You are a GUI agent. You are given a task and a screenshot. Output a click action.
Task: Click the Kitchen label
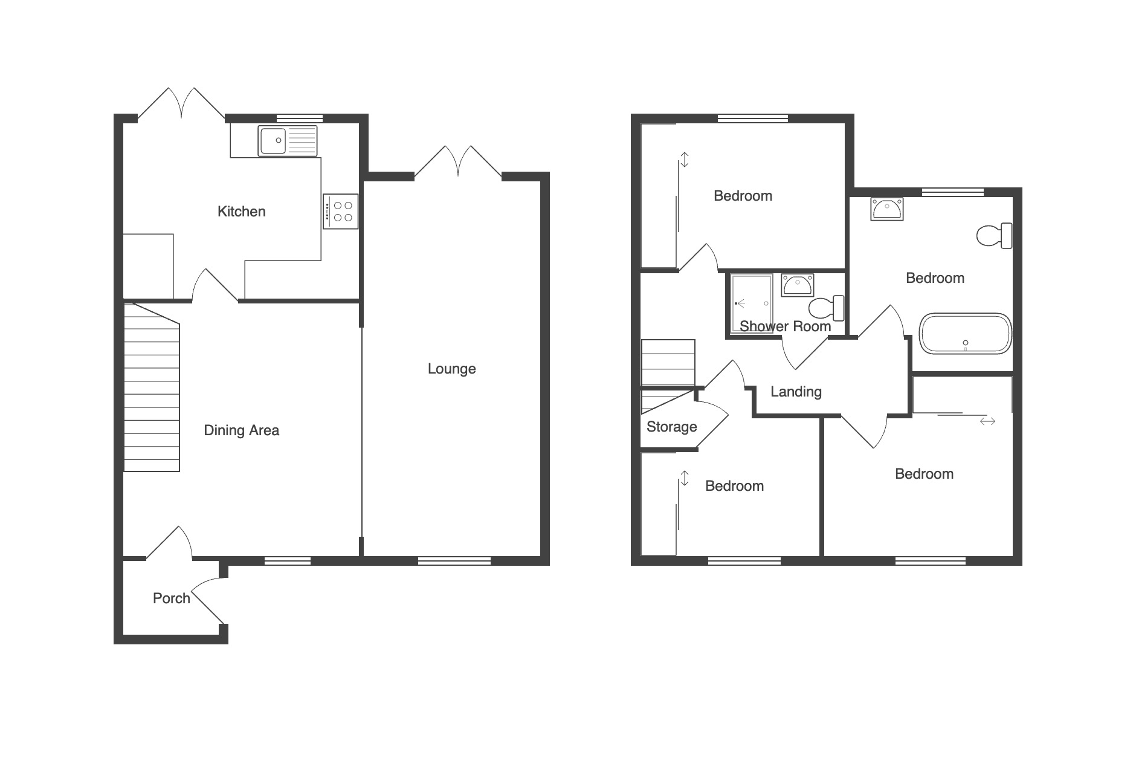coord(241,212)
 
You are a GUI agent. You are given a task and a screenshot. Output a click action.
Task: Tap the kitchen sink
coord(287,140)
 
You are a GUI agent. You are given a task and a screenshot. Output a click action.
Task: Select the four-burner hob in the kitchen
coord(341,211)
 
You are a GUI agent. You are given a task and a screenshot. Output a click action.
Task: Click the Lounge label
coord(451,369)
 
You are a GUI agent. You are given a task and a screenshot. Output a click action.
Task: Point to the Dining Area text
coord(241,430)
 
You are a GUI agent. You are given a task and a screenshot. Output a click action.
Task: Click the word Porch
coord(172,598)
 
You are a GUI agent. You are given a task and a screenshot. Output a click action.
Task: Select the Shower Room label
coord(785,326)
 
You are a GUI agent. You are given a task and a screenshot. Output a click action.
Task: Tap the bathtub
coord(966,333)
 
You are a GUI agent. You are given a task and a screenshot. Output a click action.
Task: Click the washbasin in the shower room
coord(798,285)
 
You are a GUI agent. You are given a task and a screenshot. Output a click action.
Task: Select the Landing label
coord(796,392)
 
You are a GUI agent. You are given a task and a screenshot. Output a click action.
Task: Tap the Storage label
coord(671,427)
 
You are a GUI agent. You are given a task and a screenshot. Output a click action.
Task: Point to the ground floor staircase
coord(152,387)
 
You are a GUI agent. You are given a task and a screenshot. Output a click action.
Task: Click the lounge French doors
coord(458,161)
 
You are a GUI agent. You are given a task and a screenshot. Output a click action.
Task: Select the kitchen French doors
coord(181,104)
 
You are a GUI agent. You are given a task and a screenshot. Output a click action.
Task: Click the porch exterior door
coord(209,601)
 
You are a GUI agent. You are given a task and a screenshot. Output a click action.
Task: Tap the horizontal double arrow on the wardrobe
coord(987,421)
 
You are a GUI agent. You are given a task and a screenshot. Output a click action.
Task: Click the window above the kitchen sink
coord(300,118)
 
